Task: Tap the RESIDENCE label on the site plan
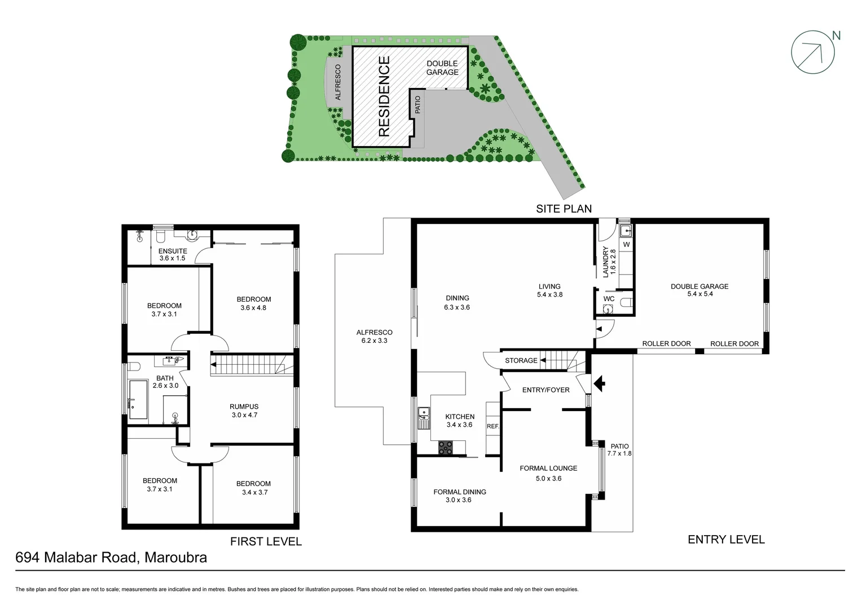pyautogui.click(x=384, y=96)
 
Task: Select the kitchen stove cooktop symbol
pyautogui.click(x=445, y=448)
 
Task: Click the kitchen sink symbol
pyautogui.click(x=424, y=418)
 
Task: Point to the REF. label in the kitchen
pyautogui.click(x=493, y=426)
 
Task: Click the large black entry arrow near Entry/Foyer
pyautogui.click(x=599, y=384)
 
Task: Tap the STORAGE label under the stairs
pyautogui.click(x=521, y=360)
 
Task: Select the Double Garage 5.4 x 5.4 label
pyautogui.click(x=700, y=290)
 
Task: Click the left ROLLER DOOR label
pyautogui.click(x=666, y=343)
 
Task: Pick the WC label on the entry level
pyautogui.click(x=609, y=299)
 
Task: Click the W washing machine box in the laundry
pyautogui.click(x=626, y=245)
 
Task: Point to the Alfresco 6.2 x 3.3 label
pyautogui.click(x=375, y=336)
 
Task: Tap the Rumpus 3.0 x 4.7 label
pyautogui.click(x=244, y=411)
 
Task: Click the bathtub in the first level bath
pyautogui.click(x=138, y=400)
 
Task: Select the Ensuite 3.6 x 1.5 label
pyautogui.click(x=173, y=254)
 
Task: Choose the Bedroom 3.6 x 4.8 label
pyautogui.click(x=253, y=303)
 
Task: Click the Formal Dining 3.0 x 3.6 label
pyautogui.click(x=459, y=496)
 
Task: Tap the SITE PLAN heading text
pyautogui.click(x=564, y=209)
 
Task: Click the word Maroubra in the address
pyautogui.click(x=175, y=558)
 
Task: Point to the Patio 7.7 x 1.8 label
pyautogui.click(x=619, y=449)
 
